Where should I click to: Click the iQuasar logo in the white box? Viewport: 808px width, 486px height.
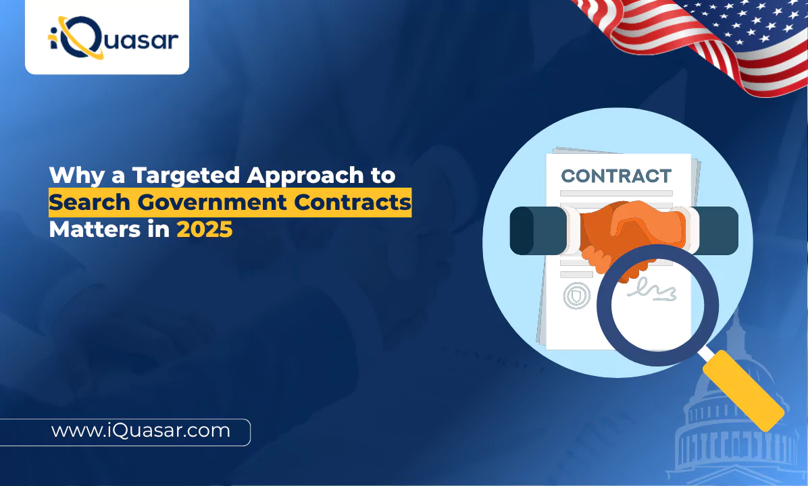[113, 38]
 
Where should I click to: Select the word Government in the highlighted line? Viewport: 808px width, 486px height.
[211, 202]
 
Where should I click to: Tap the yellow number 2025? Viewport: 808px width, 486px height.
[205, 230]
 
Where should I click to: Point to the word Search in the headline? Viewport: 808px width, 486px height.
[90, 202]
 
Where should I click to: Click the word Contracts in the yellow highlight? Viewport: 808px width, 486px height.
[353, 202]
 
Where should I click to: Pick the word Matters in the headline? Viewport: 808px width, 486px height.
[95, 230]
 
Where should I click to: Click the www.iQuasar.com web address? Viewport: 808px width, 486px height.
[141, 431]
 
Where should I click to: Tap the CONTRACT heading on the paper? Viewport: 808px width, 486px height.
[616, 176]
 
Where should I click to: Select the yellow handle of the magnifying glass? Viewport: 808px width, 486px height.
[743, 390]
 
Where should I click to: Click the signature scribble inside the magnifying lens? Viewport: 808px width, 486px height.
[652, 290]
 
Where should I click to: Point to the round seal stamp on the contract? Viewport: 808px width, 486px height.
[577, 296]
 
